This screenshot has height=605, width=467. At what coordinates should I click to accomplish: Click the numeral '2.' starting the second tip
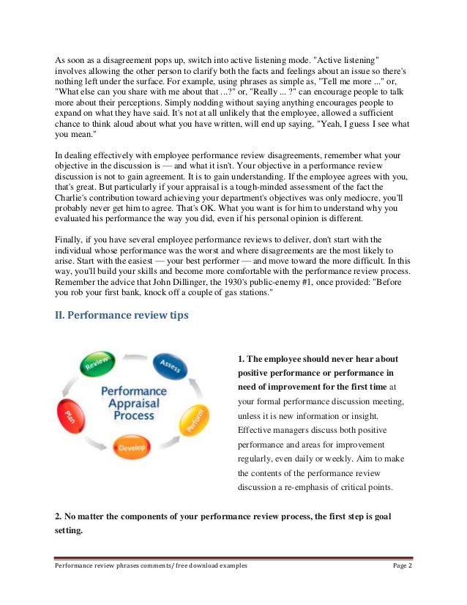tap(59, 516)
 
